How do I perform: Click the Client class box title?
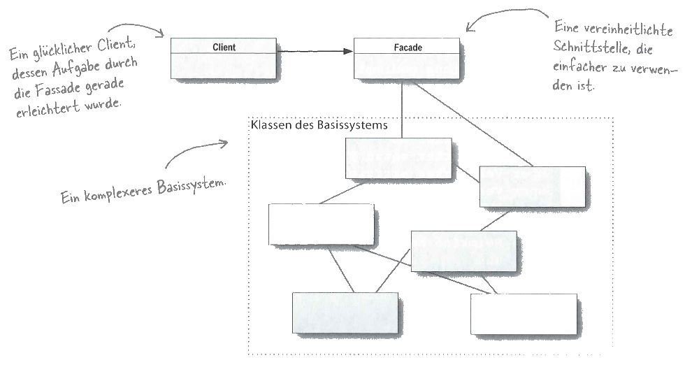pyautogui.click(x=223, y=48)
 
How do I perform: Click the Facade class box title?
pyautogui.click(x=407, y=48)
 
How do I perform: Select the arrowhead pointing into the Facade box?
pyautogui.click(x=347, y=51)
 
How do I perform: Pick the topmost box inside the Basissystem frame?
pyautogui.click(x=398, y=158)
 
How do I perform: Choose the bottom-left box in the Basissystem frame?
pyautogui.click(x=345, y=313)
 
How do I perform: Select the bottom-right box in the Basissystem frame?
pyautogui.click(x=524, y=315)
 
